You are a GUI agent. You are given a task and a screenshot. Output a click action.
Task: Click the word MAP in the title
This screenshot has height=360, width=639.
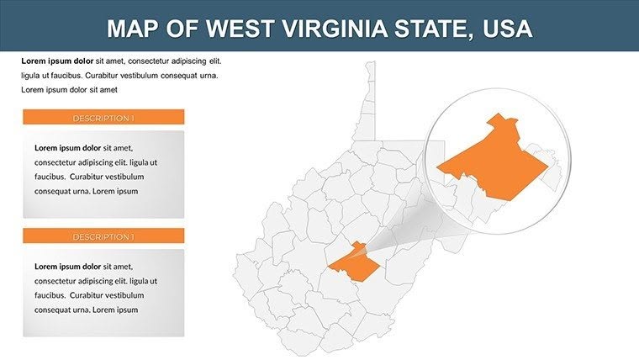tap(134, 29)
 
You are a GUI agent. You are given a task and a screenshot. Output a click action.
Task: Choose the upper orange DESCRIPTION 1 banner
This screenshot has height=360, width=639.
tap(103, 118)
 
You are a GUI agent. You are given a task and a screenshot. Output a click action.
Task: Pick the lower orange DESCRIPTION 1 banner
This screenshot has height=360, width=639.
tap(103, 236)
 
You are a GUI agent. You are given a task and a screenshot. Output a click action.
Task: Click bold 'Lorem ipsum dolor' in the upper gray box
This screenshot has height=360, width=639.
tap(67, 147)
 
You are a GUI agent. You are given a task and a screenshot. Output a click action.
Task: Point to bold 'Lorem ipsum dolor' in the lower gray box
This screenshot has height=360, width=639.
tap(67, 266)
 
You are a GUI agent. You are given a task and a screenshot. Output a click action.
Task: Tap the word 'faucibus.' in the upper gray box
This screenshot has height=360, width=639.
tap(50, 177)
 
